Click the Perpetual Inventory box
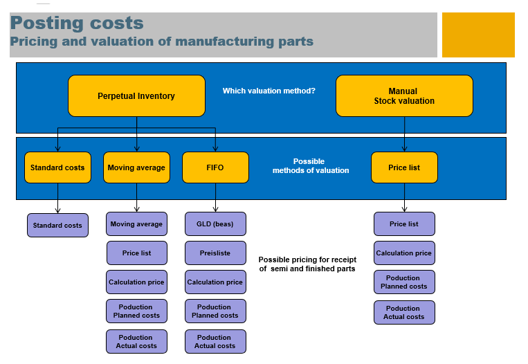pyautogui.click(x=136, y=96)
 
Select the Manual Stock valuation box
pyautogui.click(x=404, y=96)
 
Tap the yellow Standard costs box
pyautogui.click(x=57, y=167)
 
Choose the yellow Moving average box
pyautogui.click(x=136, y=167)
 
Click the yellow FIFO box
pyautogui.click(x=215, y=167)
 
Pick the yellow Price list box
pyautogui.click(x=404, y=167)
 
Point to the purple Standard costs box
pyautogui.click(x=57, y=225)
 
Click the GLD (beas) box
pyautogui.click(x=215, y=224)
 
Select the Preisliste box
pyautogui.click(x=215, y=253)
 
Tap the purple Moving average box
pyautogui.click(x=136, y=224)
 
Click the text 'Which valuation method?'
pyautogui.click(x=268, y=91)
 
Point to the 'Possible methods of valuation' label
pyautogui.click(x=310, y=166)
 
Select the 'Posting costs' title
pyautogui.click(x=78, y=24)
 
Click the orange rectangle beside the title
pyautogui.click(x=478, y=35)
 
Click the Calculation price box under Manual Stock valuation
pyautogui.click(x=404, y=253)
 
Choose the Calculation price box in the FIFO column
pyautogui.click(x=215, y=282)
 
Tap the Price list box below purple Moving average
pyautogui.click(x=136, y=253)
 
